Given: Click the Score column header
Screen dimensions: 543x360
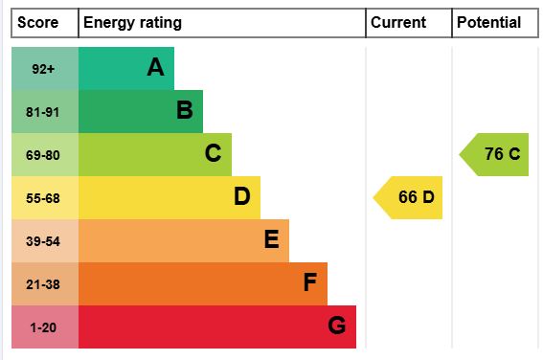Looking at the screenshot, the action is click(x=37, y=23).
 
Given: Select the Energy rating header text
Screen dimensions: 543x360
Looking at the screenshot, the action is click(x=132, y=23).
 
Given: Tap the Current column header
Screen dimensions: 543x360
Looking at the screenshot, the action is click(x=398, y=23).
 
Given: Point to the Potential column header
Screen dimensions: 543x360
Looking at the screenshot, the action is click(x=489, y=23).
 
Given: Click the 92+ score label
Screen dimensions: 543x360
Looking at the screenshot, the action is click(x=43, y=69).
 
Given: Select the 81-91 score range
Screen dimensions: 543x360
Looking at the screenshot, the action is click(x=42, y=112).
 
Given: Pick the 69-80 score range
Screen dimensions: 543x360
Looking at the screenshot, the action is click(x=43, y=155).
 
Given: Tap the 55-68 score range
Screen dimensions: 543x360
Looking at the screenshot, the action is click(x=43, y=198).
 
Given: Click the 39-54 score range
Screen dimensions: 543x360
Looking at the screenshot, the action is click(x=43, y=241).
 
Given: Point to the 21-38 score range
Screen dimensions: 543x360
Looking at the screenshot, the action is click(x=43, y=284).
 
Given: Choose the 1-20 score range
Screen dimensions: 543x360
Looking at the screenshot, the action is click(x=43, y=327).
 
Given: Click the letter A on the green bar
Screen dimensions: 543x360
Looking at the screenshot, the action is click(x=155, y=67).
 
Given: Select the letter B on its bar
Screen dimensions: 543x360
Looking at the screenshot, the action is click(x=185, y=110).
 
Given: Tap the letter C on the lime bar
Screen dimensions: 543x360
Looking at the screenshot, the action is click(x=213, y=153).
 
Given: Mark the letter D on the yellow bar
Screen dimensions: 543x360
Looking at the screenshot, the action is click(x=241, y=196).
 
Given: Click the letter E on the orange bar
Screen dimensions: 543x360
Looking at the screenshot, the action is click(x=272, y=238).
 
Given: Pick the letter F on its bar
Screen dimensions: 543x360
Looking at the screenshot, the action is click(x=310, y=282).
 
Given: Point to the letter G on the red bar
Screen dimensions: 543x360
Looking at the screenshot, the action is click(x=336, y=325).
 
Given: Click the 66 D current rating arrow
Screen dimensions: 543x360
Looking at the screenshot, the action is click(x=408, y=197).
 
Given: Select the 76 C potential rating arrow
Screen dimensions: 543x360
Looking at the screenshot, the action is click(x=494, y=154).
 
